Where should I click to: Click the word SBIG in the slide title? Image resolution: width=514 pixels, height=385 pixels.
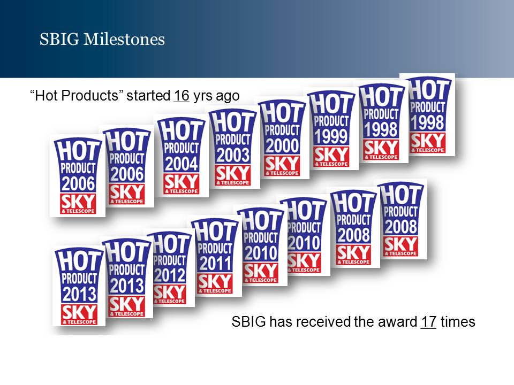pos(59,39)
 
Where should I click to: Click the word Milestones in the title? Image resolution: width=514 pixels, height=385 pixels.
pos(124,39)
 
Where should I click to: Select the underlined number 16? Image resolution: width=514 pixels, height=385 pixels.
pos(182,96)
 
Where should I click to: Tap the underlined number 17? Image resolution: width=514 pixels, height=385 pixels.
pos(428,321)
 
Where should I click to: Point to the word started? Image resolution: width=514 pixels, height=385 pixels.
pos(148,96)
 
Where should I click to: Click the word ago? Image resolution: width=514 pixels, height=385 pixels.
pos(228,97)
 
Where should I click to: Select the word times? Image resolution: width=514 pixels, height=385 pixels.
pos(458,321)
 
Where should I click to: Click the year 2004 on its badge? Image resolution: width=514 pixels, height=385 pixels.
pos(182,164)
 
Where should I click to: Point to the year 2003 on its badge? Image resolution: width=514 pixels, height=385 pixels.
pos(233,155)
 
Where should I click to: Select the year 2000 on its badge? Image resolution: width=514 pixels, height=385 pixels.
pos(283,145)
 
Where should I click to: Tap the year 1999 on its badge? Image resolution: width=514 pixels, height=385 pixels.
pos(331,136)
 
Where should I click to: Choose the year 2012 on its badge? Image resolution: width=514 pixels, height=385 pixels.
pos(170,275)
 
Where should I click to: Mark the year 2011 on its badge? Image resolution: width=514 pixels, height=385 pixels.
pos(215,264)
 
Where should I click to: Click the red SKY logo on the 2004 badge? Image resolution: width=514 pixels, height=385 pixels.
pos(182,184)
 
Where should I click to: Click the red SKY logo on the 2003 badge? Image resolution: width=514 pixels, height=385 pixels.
pos(233,176)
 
